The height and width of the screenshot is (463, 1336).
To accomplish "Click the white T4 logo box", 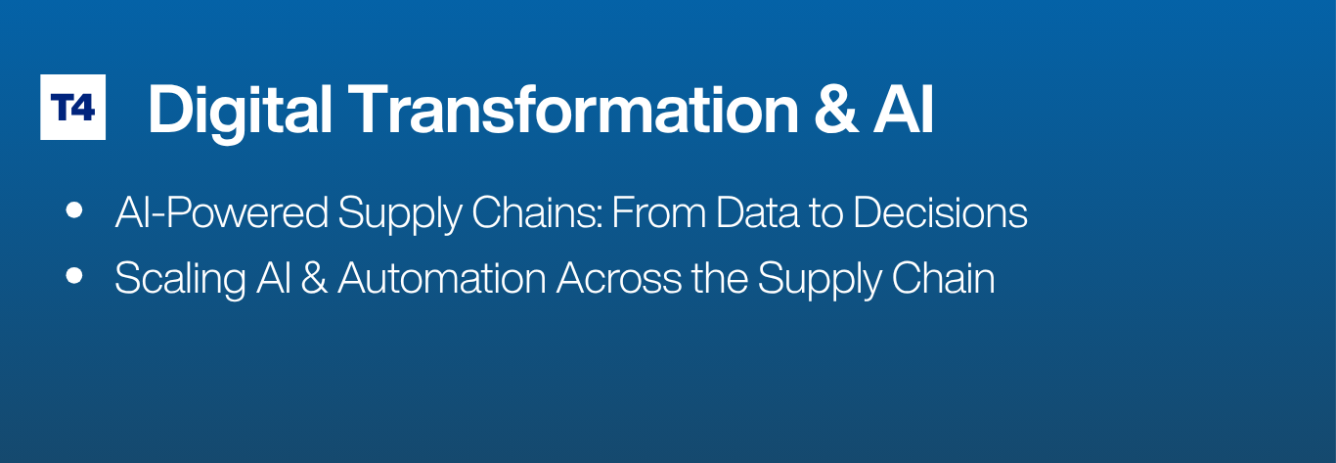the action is (72, 108).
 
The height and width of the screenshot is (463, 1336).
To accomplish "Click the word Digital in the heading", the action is (240, 112).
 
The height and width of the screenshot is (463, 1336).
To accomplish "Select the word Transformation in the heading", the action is (573, 110).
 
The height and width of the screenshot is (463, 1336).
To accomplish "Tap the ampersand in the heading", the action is (836, 110).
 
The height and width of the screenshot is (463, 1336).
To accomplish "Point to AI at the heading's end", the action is (903, 110).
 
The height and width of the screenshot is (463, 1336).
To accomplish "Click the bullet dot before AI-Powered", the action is (74, 210).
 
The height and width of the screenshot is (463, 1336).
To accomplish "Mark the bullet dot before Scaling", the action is (74, 276).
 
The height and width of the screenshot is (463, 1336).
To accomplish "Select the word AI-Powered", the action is (221, 212).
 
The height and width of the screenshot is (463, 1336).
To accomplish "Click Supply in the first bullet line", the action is (400, 214).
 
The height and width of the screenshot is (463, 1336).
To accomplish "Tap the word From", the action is (658, 212).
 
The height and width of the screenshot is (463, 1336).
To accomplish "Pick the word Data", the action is (757, 212).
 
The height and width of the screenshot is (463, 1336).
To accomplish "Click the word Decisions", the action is (941, 212).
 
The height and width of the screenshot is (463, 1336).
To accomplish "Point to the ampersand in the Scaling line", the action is (314, 278).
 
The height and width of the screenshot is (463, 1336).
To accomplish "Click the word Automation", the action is (442, 278).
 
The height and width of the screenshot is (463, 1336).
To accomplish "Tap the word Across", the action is (619, 278).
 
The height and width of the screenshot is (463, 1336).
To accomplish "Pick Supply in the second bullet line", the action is (820, 280).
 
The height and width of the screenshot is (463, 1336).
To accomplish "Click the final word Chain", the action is (943, 278).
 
